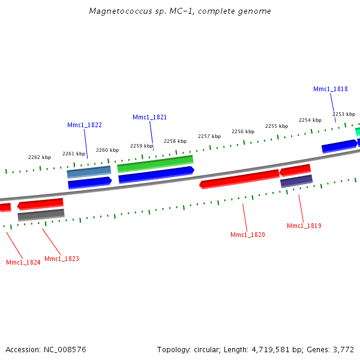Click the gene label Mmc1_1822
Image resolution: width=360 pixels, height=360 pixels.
85,125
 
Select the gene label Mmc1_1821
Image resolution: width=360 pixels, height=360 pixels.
149,117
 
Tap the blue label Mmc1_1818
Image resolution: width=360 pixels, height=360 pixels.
330,89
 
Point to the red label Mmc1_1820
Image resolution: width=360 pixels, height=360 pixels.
248,235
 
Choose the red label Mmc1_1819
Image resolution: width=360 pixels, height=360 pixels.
304,226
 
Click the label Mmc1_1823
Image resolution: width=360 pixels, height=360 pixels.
62,259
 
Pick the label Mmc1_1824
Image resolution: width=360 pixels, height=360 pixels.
23,262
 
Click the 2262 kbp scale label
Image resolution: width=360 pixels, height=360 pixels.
40,157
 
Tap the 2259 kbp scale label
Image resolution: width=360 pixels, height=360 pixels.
142,146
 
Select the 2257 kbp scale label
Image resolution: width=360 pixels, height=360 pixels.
209,136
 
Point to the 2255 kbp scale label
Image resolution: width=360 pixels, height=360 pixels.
277,126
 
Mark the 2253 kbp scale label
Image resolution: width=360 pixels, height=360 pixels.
344,114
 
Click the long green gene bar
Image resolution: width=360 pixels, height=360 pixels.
155,163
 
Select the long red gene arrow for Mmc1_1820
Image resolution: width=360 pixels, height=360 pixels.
240,179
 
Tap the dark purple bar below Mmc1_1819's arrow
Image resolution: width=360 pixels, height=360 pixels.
296,181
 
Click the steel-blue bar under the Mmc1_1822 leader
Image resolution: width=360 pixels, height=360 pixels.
89,172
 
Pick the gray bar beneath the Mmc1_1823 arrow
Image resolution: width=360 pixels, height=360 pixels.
41,215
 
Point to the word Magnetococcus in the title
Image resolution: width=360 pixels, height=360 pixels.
116,11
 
